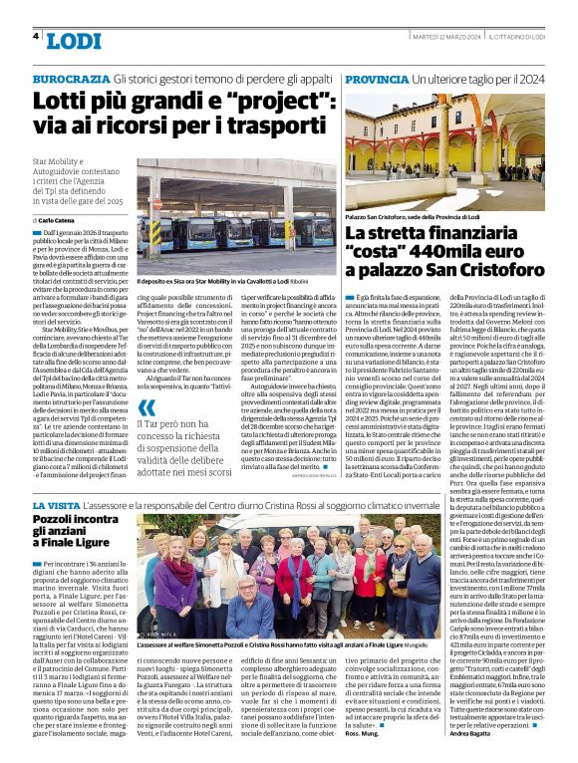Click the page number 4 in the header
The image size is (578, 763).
tap(36, 37)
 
